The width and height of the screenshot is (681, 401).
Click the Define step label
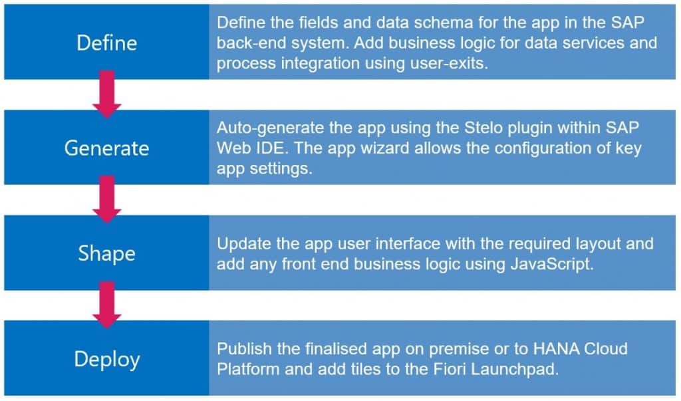point(106,43)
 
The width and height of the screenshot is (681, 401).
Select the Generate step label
point(106,148)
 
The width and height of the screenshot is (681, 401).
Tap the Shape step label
point(106,253)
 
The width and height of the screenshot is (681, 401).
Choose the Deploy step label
point(106,359)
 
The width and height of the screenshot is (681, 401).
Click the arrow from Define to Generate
point(106,95)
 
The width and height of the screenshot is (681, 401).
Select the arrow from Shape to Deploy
point(106,306)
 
